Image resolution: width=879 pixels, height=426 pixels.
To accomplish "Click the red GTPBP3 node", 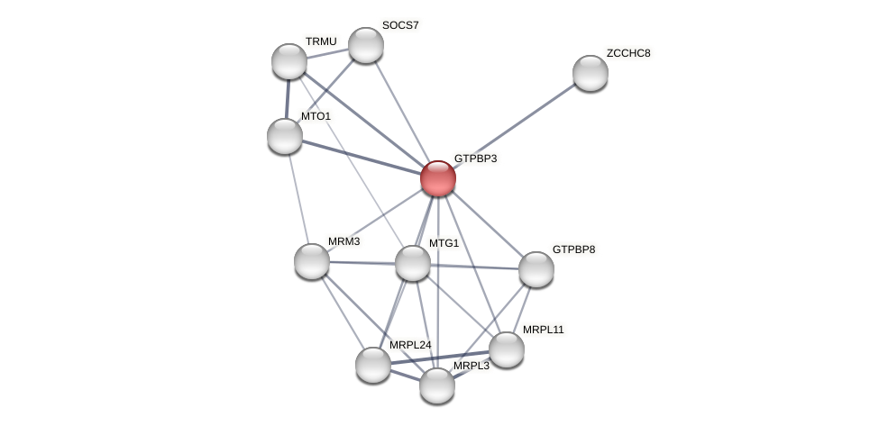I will click(x=438, y=178).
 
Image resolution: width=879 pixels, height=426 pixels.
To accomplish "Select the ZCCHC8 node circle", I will click(x=591, y=73).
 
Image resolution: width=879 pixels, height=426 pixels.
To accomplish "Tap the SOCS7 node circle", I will click(x=366, y=45).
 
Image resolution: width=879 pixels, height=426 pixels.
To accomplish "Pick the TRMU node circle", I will click(x=289, y=61).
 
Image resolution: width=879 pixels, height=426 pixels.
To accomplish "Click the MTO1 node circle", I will click(x=285, y=136).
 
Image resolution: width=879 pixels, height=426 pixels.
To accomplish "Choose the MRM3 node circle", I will click(x=312, y=261).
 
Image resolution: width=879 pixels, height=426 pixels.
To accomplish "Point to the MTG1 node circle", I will click(x=413, y=263).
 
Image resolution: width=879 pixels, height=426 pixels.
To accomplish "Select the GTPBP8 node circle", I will click(x=536, y=269).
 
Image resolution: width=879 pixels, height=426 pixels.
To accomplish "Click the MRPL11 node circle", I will click(x=507, y=349).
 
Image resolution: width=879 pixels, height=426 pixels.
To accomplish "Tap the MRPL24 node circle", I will click(x=373, y=365).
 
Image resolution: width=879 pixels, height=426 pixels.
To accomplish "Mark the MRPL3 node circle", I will click(x=437, y=385).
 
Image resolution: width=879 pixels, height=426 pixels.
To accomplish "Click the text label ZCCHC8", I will click(x=627, y=53).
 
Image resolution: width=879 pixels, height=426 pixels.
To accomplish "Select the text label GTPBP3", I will click(x=475, y=159).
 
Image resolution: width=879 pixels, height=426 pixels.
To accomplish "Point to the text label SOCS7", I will click(x=400, y=25).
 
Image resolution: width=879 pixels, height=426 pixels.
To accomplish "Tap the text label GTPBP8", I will click(x=573, y=249).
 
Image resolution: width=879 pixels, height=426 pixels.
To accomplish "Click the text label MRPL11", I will click(x=543, y=330).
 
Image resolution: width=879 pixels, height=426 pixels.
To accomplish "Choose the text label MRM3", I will click(x=343, y=241).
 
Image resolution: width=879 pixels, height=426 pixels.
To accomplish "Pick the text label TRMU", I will click(x=321, y=41).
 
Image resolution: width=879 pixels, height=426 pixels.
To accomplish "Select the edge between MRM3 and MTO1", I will click(x=298, y=198).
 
